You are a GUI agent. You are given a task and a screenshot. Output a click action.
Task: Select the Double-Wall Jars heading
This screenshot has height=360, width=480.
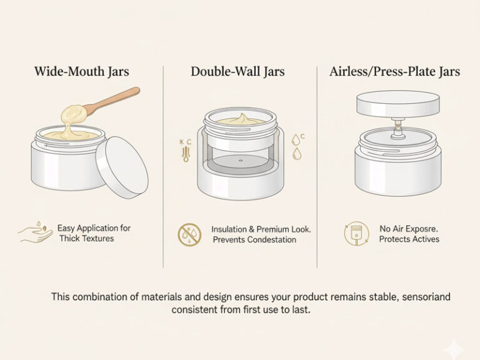pyautogui.click(x=237, y=71)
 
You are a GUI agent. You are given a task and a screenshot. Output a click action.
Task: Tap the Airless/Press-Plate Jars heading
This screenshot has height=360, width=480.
pyautogui.click(x=394, y=71)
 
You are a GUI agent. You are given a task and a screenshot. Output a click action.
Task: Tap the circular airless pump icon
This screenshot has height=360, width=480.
pyautogui.click(x=356, y=234)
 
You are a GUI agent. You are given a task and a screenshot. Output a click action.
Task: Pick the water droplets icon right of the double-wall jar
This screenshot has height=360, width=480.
pyautogui.click(x=296, y=148)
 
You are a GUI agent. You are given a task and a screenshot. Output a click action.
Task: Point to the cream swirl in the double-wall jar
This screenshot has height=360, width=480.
pyautogui.click(x=241, y=119)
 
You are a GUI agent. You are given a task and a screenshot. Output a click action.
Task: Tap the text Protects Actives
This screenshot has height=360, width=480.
pyautogui.click(x=409, y=239)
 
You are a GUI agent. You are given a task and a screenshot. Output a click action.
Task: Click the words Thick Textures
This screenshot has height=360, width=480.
pyautogui.click(x=87, y=239)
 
